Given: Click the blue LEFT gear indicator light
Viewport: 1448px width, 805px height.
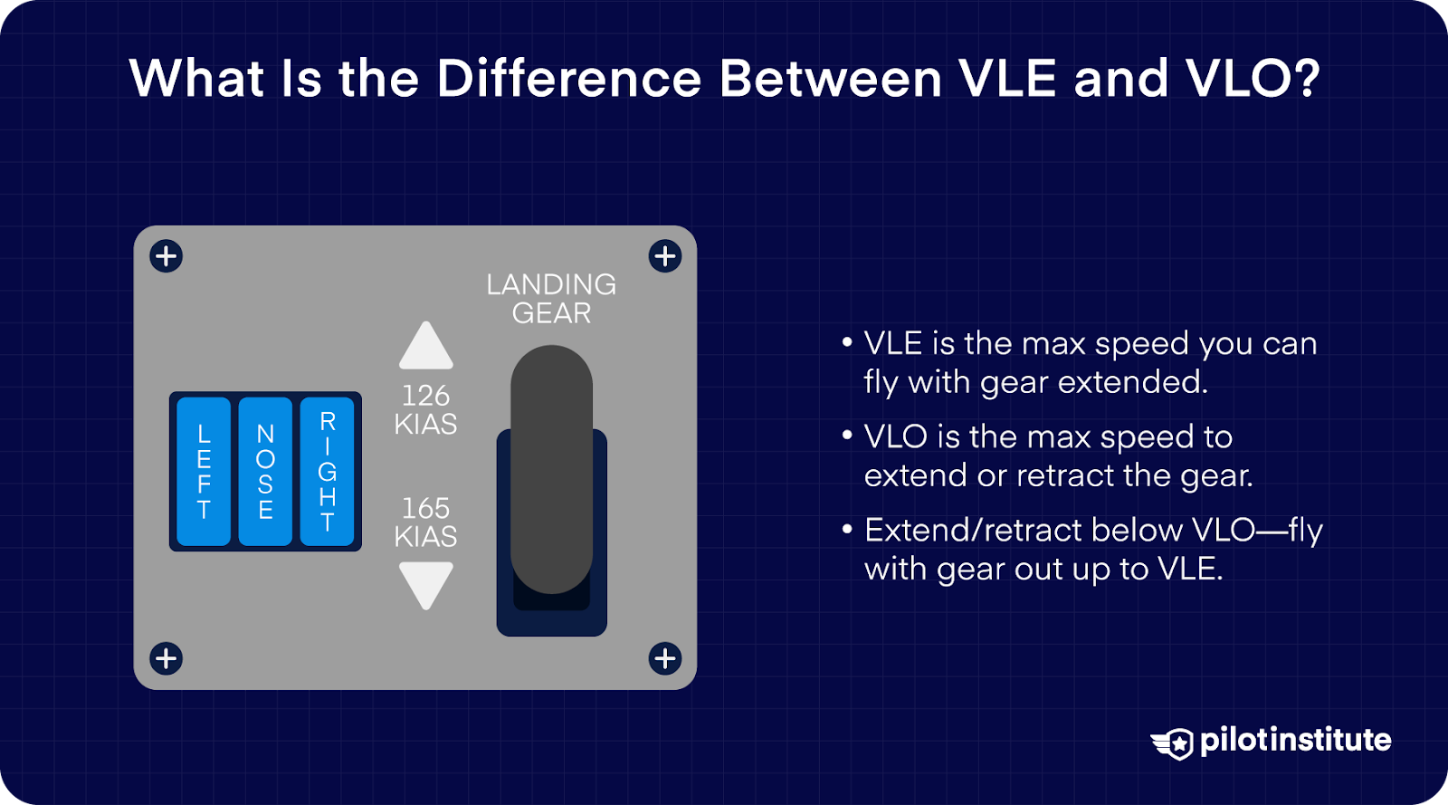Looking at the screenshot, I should tap(204, 472).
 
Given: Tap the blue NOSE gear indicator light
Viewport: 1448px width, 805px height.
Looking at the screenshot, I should tap(265, 472).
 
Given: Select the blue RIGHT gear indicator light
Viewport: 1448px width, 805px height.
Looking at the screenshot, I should tap(327, 472).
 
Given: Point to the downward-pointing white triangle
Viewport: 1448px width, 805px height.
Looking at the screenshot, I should tap(426, 583).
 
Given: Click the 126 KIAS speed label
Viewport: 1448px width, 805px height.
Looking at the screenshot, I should tap(426, 409).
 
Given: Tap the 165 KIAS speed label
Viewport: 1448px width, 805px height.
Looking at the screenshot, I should tap(426, 522).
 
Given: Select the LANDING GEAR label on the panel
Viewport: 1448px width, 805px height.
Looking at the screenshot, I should tap(551, 299).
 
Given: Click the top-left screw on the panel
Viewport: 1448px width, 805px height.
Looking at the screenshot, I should tap(167, 256).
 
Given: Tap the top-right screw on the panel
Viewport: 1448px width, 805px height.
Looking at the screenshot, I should tap(665, 256).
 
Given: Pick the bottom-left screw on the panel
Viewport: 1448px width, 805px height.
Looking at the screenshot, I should tap(167, 658).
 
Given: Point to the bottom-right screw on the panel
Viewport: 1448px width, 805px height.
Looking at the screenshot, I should tap(665, 658).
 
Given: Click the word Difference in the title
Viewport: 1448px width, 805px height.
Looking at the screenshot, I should tap(569, 79).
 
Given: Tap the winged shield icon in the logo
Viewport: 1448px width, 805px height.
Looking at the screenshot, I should tap(1174, 743).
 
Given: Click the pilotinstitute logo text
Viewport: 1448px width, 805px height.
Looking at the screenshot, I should tap(1295, 741).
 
